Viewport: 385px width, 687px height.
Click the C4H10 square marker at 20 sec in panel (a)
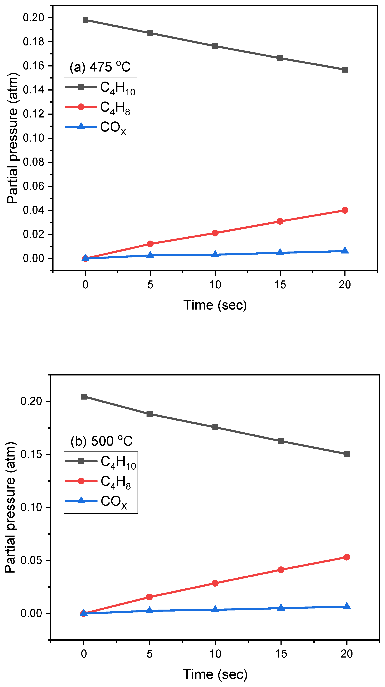pos(345,70)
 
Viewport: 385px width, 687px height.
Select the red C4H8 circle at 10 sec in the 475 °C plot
pos(215,233)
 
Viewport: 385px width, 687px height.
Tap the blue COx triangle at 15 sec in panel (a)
pos(280,252)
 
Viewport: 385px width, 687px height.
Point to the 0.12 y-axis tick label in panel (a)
pos(33,114)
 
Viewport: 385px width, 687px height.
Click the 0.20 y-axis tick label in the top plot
pos(33,18)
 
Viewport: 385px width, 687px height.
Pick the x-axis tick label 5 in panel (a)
pos(150,285)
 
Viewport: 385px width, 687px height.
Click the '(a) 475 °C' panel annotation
pos(100,67)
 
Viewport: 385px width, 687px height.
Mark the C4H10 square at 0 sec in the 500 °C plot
pos(84,396)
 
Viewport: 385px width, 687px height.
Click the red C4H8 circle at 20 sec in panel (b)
pos(346,557)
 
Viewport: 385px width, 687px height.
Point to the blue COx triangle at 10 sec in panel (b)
pos(215,609)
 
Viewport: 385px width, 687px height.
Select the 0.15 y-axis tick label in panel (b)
pos(31,454)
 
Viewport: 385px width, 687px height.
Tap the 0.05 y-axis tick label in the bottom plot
pos(31,560)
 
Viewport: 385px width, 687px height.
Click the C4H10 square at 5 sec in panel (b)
pos(150,414)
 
